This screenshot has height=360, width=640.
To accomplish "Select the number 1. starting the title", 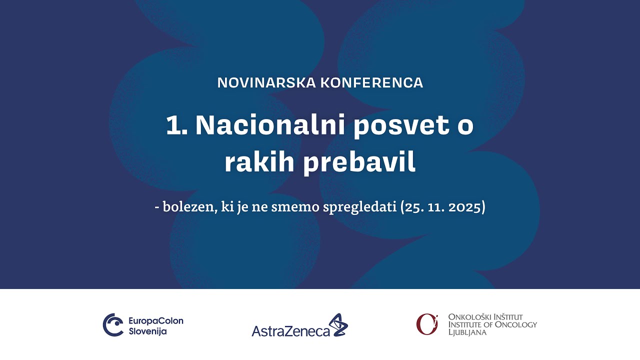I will coord(176,125).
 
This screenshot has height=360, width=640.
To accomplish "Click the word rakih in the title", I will coord(254,163).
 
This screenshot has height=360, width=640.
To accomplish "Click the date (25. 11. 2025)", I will coord(443,207).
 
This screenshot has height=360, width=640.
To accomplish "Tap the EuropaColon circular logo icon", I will coord(113,325).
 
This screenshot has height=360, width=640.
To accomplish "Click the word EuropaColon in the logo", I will coord(156,320).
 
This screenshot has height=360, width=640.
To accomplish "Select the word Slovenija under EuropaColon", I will coord(148,331).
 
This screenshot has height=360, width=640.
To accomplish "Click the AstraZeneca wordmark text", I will coord(290,331).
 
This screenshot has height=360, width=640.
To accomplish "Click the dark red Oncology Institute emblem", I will coord(426,324).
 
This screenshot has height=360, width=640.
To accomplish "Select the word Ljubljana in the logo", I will coord(467,332).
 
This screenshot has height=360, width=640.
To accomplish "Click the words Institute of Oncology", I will coord(492,324).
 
